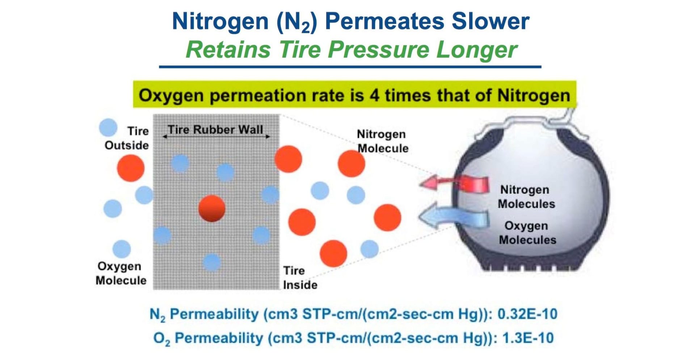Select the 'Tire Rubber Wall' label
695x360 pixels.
[216, 130]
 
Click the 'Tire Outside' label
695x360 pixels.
[127, 138]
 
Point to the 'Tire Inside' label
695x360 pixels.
[300, 278]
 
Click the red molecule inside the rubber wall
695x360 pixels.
[212, 208]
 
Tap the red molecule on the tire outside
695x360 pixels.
[131, 168]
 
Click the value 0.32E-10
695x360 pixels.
[527, 314]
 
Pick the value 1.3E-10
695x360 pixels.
[528, 338]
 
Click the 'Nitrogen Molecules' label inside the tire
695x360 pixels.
[526, 196]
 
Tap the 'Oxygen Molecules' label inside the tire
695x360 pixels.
[527, 233]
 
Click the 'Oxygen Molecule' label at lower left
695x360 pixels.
[121, 273]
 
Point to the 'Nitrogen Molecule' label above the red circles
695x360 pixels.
[383, 141]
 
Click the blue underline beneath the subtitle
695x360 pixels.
[350, 67]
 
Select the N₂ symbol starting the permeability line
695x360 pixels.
[157, 315]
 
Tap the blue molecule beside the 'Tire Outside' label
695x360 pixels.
[108, 128]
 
